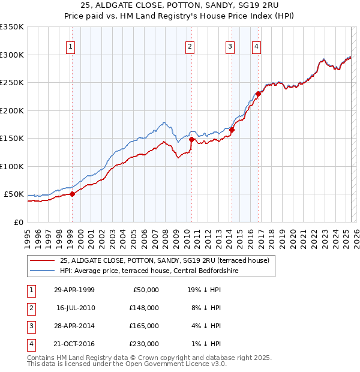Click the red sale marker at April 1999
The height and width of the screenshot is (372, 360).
click(x=72, y=194)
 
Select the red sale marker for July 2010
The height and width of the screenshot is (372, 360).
click(x=191, y=139)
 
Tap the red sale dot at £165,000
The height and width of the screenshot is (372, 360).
click(x=232, y=130)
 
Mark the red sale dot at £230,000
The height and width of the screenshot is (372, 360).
click(x=258, y=94)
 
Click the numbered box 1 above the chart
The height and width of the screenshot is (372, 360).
click(x=71, y=47)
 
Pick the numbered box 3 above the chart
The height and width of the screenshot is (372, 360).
click(x=230, y=47)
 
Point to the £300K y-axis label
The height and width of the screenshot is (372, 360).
click(x=12, y=55)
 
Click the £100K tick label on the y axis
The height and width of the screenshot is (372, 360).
click(x=12, y=166)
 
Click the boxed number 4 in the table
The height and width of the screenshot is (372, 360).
click(x=30, y=344)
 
